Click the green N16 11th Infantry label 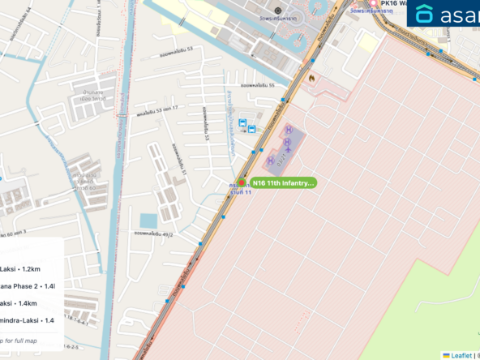click(282, 183)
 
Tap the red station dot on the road click(241, 182)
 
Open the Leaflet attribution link click(461, 355)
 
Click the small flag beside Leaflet click(446, 355)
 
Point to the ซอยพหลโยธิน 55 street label click(257, 85)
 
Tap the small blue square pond click(148, 221)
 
